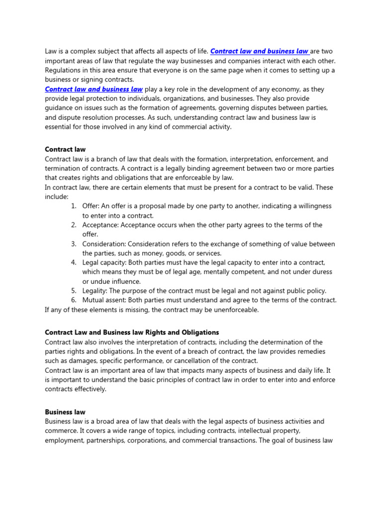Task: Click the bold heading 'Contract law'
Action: click(65, 149)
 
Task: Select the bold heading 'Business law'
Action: click(65, 412)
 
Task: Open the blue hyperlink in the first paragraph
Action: click(259, 51)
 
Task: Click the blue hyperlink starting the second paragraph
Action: click(94, 89)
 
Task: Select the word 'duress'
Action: click(321, 272)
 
